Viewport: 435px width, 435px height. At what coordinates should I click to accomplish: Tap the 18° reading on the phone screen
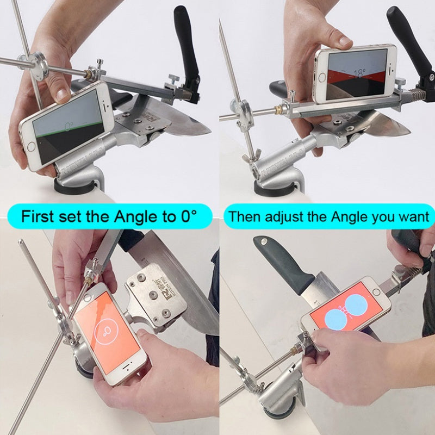click(358, 73)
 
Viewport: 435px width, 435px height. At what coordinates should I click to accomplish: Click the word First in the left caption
click(39, 217)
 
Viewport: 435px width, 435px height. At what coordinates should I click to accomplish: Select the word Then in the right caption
click(242, 216)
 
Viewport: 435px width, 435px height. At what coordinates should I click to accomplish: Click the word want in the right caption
click(413, 216)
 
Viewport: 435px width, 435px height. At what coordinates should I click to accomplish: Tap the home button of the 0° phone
click(32, 145)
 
